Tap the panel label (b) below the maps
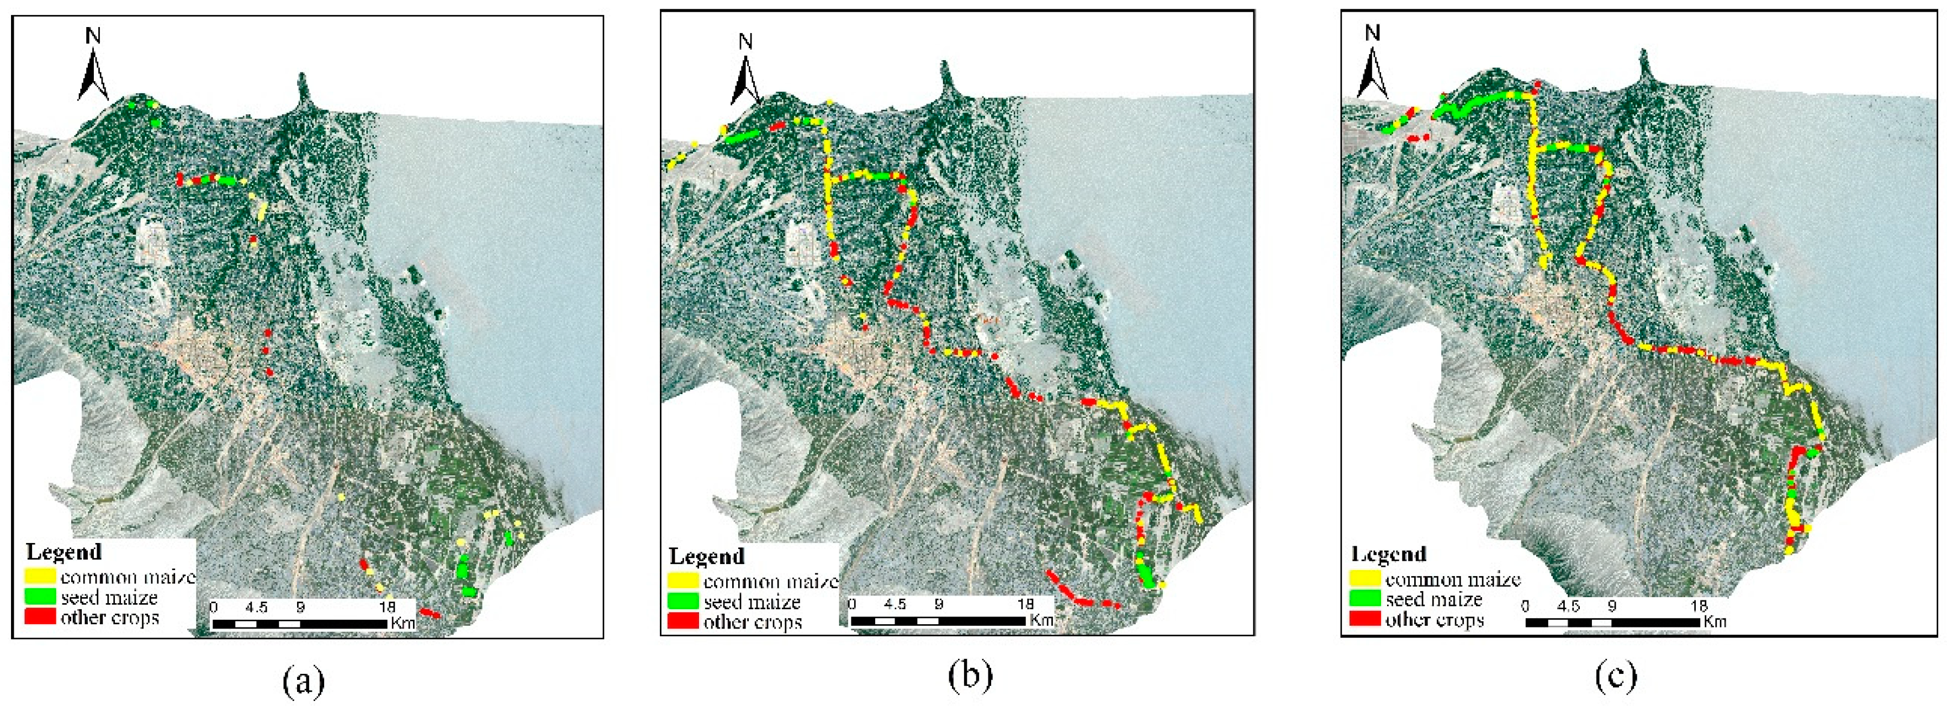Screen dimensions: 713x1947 pos(970,678)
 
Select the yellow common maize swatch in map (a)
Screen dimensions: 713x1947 pos(41,576)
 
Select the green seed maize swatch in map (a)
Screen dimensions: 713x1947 pos(41,597)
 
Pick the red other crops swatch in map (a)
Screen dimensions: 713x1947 pos(41,616)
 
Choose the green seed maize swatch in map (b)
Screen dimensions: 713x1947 pos(682,602)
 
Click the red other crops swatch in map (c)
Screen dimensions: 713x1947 pos(1365,619)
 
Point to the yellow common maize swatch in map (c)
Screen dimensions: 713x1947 pos(1365,579)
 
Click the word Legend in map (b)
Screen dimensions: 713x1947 pos(707,557)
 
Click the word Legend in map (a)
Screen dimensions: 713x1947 pos(64,552)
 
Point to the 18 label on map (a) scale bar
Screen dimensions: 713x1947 pos(387,606)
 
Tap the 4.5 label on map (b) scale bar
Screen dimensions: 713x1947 pos(895,604)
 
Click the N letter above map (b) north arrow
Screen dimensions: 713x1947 pos(746,41)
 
